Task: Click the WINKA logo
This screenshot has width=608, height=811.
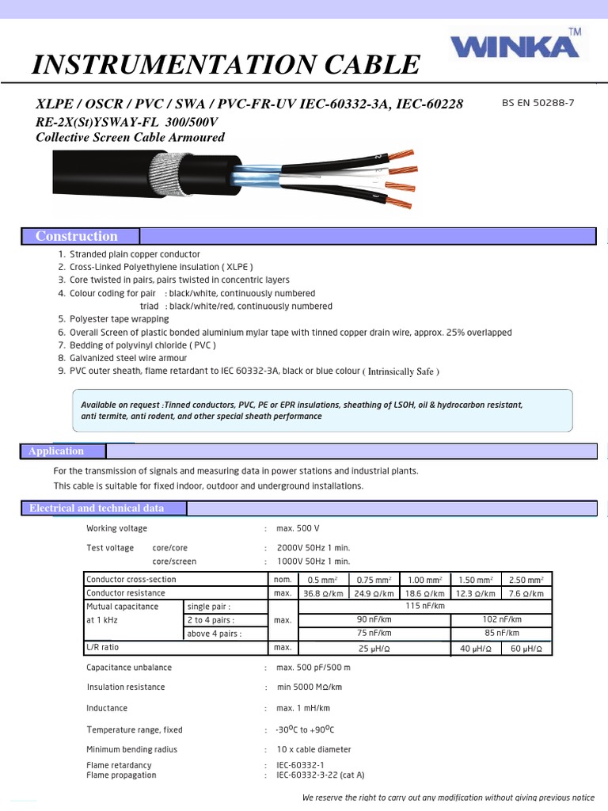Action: [514, 46]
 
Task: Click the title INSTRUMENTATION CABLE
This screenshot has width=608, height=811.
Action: [226, 65]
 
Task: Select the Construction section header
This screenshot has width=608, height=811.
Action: [77, 236]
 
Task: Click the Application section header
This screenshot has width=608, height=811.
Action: [56, 451]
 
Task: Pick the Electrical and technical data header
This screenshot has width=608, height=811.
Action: [97, 508]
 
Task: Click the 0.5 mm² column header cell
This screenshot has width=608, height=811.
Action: [322, 580]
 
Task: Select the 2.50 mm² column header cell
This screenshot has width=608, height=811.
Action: [526, 580]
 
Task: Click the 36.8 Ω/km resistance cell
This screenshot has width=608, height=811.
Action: [322, 593]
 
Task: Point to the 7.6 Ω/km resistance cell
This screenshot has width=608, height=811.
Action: [526, 593]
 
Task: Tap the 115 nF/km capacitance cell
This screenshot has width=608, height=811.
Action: [425, 606]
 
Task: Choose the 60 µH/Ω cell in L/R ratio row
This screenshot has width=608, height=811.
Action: [526, 648]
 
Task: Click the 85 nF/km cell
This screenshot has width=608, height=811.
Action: [502, 633]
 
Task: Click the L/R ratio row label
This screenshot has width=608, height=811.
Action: [103, 648]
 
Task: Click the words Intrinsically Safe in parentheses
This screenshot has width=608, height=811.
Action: [401, 371]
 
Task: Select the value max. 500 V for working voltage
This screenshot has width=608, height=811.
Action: [298, 528]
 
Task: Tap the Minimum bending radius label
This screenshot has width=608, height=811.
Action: [131, 749]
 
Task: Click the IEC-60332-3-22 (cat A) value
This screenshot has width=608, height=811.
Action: [320, 775]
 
